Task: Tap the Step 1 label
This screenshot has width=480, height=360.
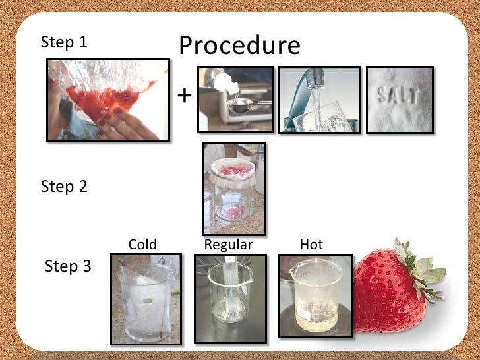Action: click(64, 42)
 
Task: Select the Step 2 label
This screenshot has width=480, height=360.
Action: click(64, 186)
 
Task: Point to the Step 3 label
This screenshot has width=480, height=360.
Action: click(68, 266)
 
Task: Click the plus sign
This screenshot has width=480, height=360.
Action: click(185, 96)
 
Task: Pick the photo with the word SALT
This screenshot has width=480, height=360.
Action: click(400, 100)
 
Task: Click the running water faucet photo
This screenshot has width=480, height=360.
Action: click(319, 100)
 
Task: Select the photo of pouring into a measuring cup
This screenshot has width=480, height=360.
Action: click(235, 100)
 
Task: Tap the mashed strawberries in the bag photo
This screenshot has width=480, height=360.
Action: click(107, 100)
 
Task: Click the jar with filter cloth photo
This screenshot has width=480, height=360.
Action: click(233, 189)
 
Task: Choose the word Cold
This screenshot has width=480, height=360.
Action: click(142, 245)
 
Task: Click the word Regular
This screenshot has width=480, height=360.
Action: click(228, 245)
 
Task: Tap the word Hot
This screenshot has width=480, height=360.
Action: click(311, 245)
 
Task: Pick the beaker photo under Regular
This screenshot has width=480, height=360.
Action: click(230, 296)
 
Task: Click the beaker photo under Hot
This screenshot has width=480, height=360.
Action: click(315, 296)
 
